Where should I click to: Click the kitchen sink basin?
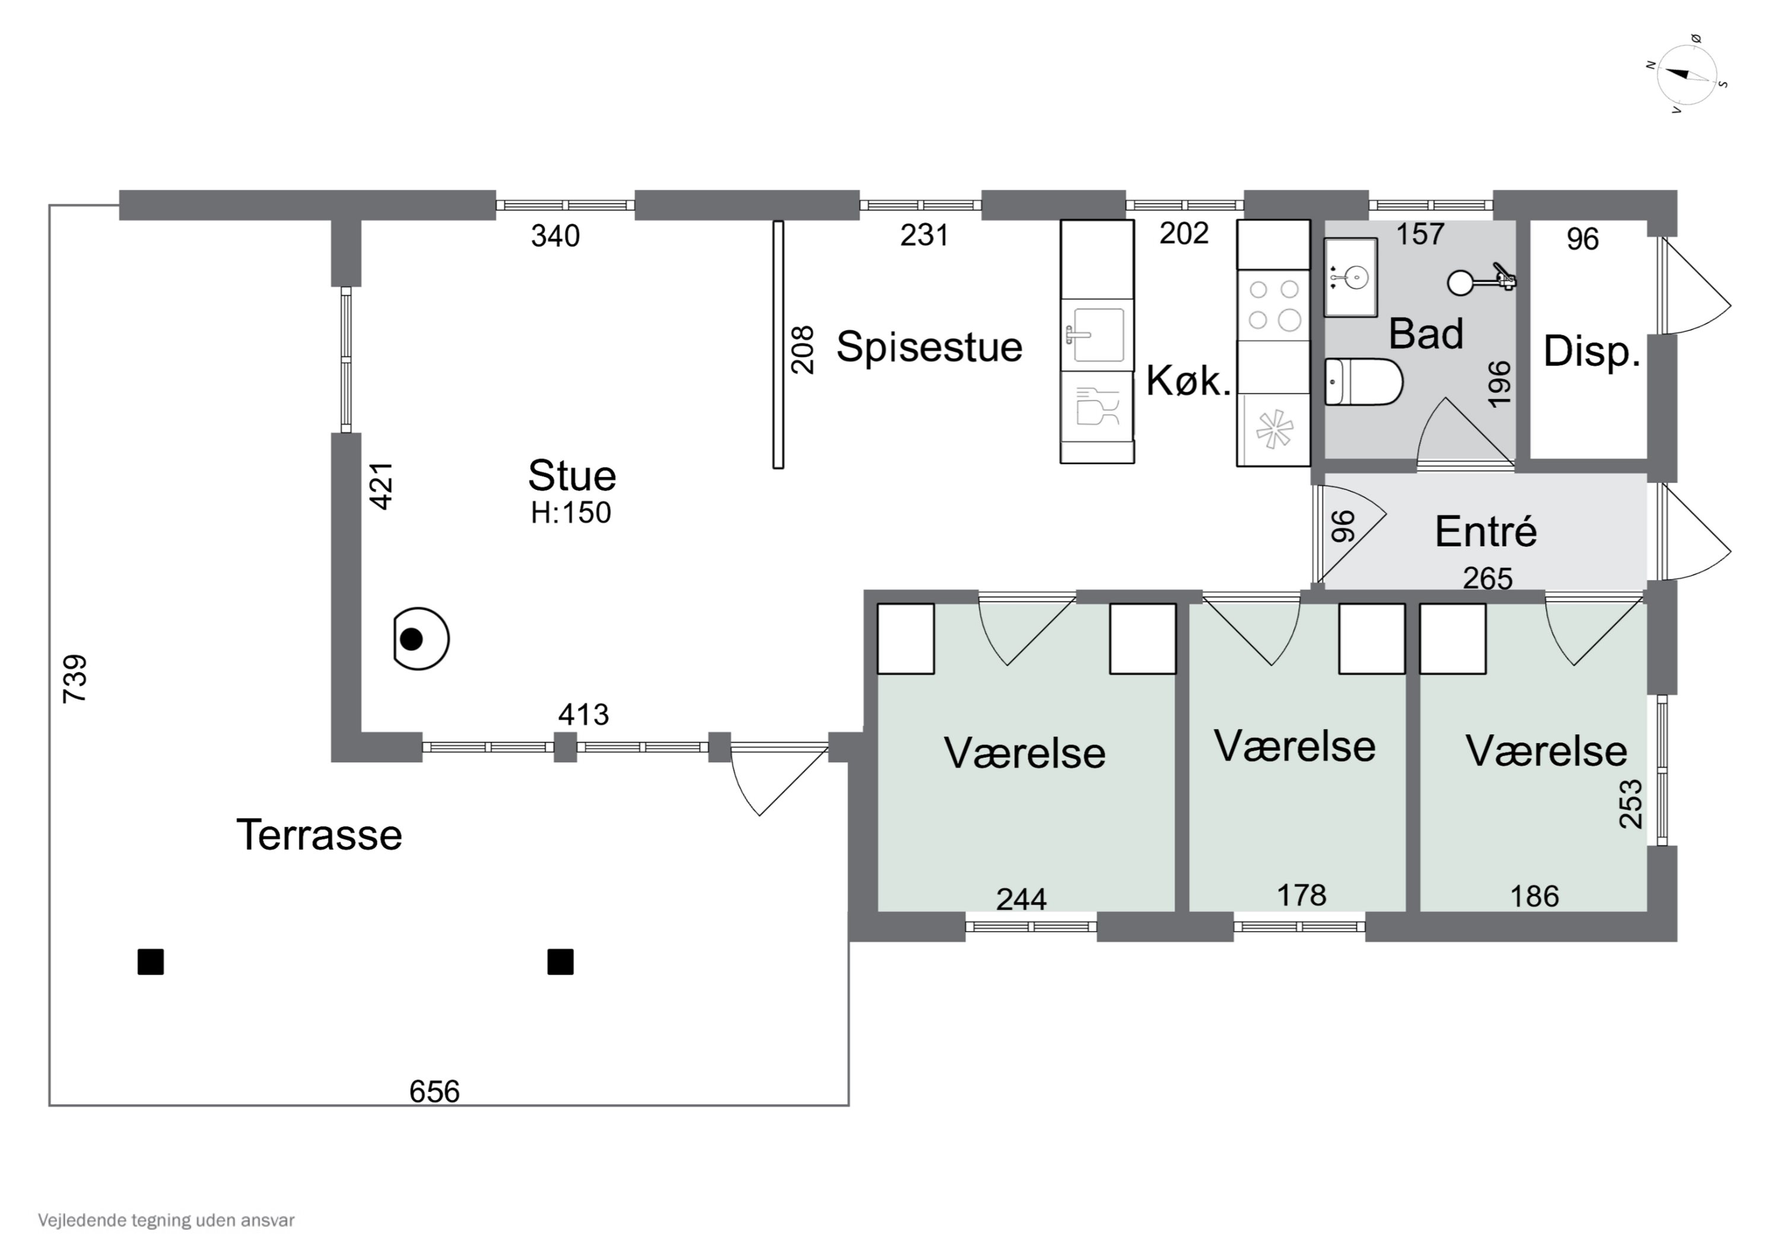pos(1098,335)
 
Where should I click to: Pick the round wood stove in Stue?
pos(421,639)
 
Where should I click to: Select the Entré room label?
pos(1485,531)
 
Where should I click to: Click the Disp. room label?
pos(1591,352)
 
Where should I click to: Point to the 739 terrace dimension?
pos(75,679)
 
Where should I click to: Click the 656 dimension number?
pos(434,1091)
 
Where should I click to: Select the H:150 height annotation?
pos(571,513)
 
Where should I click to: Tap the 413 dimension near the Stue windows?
pos(584,714)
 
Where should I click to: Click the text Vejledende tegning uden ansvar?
pos(166,1221)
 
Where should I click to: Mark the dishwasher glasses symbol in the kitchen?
pos(1098,406)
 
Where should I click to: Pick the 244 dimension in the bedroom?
pos(1021,899)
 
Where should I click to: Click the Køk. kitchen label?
pos(1188,381)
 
